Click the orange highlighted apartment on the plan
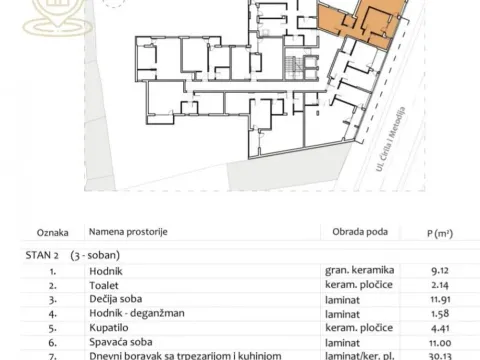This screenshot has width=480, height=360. [x=365, y=21]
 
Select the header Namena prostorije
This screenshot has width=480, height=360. [x=128, y=233]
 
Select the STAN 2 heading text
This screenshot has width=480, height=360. [x=41, y=256]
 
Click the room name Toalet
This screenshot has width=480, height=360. [x=104, y=284]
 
